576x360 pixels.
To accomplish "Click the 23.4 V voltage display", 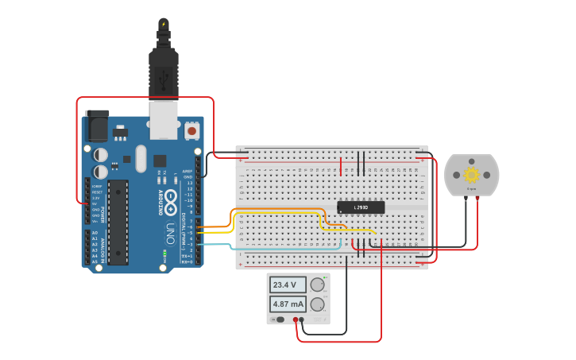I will tap(285, 285).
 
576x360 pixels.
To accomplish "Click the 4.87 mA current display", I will tap(288, 304).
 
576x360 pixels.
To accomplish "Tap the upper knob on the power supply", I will tap(317, 285).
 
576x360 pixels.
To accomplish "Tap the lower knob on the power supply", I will tap(317, 304).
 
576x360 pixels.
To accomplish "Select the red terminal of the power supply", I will tap(296, 319).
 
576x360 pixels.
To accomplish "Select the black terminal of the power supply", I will tap(302, 319).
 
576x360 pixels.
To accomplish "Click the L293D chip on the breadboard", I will tap(361, 207).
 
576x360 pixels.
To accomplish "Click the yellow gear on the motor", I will tap(471, 175).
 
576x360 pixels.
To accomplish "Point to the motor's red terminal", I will tap(477, 199).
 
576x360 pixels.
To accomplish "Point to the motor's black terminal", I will tap(466, 199).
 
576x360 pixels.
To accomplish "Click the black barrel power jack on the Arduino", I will tap(95, 125).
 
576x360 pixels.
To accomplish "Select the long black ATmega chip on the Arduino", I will tap(118, 222).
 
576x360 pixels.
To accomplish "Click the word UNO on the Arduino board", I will tap(170, 234).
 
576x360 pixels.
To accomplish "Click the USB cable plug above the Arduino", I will tap(163, 72).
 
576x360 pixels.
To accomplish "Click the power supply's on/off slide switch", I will tap(280, 319).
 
